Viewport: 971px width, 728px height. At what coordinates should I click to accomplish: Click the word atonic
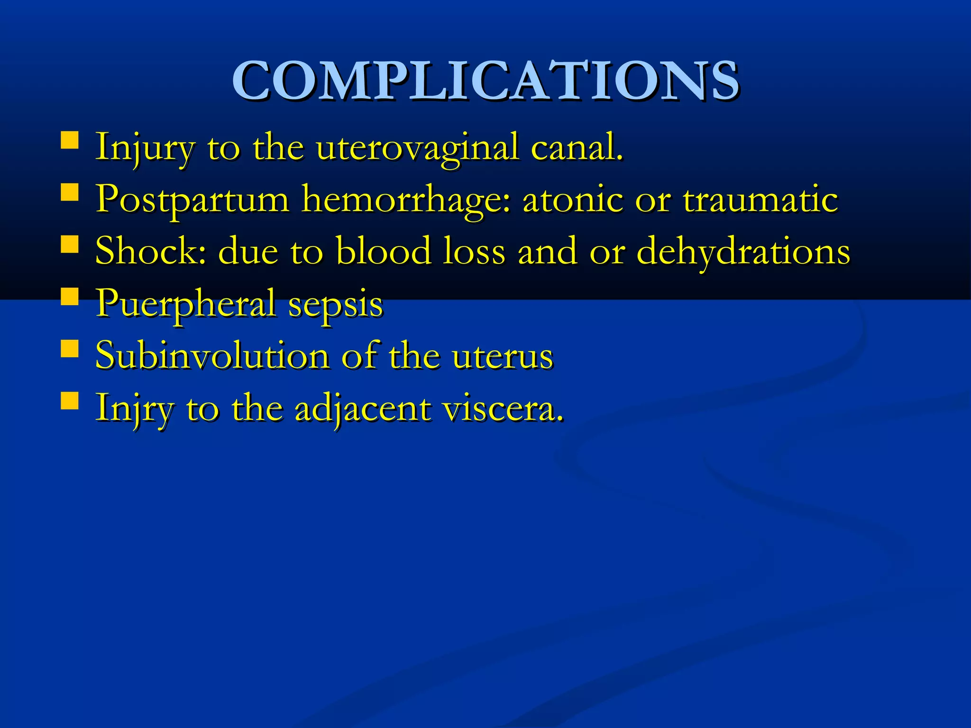(572, 199)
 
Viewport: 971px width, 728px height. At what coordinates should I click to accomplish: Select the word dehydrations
(743, 252)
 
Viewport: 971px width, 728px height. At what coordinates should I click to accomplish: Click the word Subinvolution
(212, 355)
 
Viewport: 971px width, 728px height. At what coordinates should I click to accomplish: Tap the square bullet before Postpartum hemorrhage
(70, 192)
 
